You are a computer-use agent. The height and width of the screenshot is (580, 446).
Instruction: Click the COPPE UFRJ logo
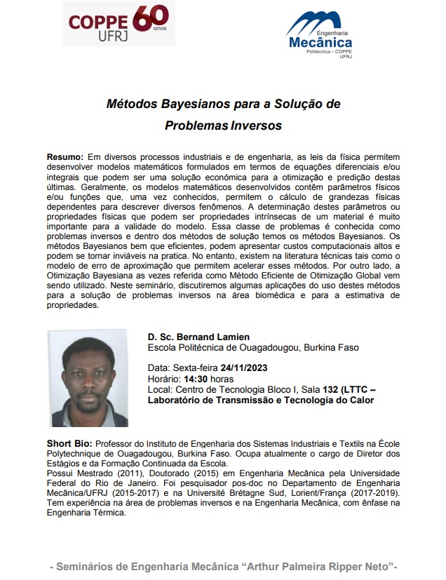[x=117, y=25]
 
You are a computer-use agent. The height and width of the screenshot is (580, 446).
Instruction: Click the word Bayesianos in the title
[x=189, y=104]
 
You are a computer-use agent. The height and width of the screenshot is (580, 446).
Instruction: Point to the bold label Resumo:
[x=65, y=156]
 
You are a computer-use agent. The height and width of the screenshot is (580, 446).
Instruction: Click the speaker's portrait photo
[x=87, y=378]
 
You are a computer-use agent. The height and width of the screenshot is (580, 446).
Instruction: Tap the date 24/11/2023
[x=243, y=367]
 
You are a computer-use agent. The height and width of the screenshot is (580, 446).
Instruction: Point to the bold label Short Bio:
[x=69, y=444]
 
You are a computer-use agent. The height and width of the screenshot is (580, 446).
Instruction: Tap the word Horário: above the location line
[x=163, y=379]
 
